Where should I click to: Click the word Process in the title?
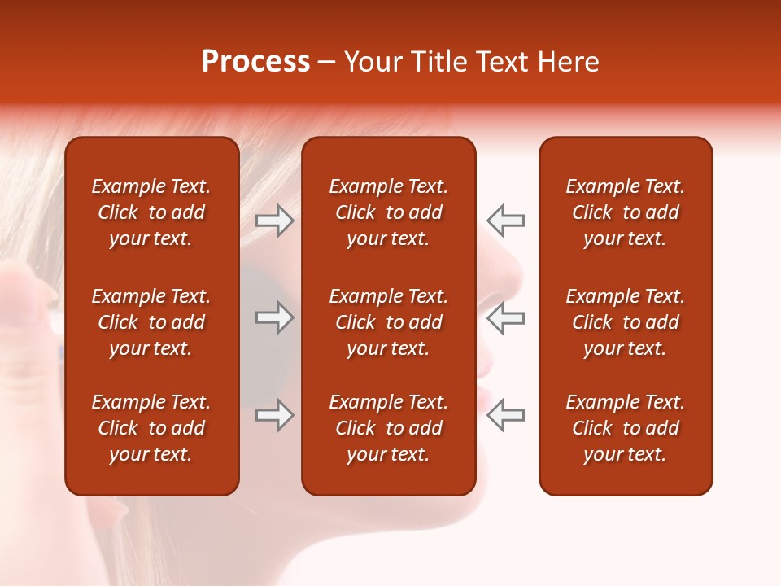(x=255, y=62)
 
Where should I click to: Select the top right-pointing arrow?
(x=275, y=221)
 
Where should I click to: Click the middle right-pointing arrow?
(x=275, y=318)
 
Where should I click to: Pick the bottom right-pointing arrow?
(x=275, y=415)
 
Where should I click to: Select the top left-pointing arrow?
(x=505, y=221)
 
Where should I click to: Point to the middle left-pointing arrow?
(x=505, y=318)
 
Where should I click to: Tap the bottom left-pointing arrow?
(x=505, y=415)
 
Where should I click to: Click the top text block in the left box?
(x=151, y=212)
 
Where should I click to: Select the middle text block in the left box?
(x=151, y=322)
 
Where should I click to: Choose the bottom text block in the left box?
(x=151, y=428)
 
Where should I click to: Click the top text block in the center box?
(x=388, y=212)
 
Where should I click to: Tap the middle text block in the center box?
(x=388, y=322)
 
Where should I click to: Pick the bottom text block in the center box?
(x=388, y=428)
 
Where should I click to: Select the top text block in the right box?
(x=625, y=212)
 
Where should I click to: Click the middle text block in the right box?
(x=625, y=322)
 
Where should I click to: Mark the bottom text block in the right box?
(x=625, y=428)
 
